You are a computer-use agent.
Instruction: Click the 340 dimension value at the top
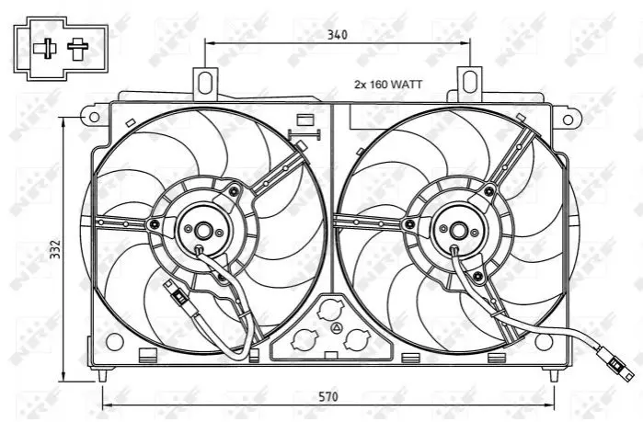[337, 35]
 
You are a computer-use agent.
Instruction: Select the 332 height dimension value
[55, 248]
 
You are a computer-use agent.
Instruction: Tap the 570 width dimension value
[328, 396]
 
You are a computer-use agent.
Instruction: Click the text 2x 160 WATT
[388, 85]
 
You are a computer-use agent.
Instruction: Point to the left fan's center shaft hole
[203, 231]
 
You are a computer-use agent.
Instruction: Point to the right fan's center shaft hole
[458, 231]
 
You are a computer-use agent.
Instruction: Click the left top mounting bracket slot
[204, 82]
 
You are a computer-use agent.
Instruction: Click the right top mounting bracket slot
[469, 82]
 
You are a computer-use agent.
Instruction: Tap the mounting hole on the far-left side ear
[94, 117]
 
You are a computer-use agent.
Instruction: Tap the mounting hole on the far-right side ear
[568, 120]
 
